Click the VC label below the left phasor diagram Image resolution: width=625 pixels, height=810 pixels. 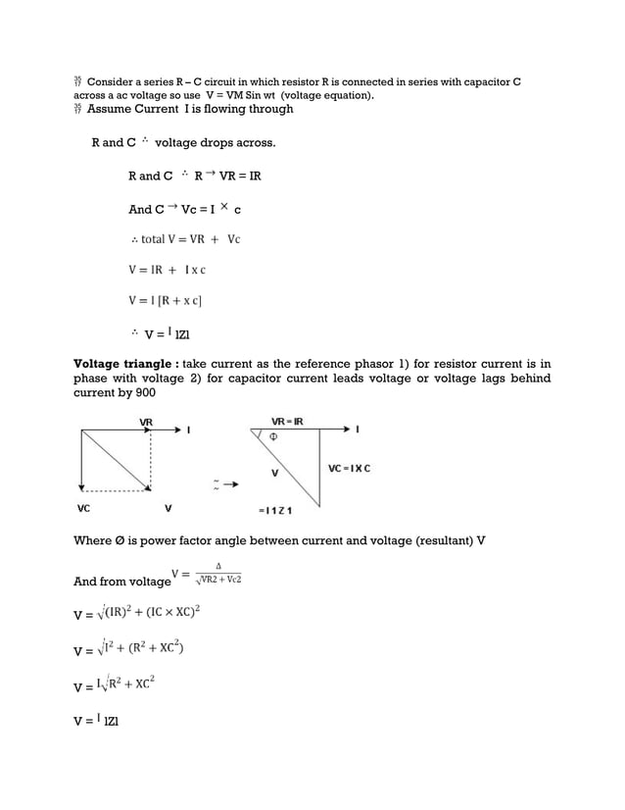(x=84, y=509)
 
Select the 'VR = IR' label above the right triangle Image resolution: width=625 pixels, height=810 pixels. (x=286, y=421)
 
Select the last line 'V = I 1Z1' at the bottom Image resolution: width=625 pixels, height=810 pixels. (x=97, y=720)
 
